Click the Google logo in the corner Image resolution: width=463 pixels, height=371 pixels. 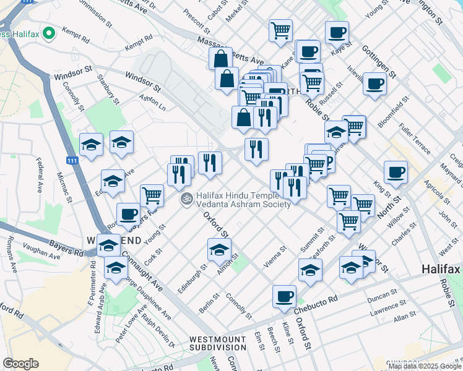pos(21,364)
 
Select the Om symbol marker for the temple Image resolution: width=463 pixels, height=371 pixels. pos(186,199)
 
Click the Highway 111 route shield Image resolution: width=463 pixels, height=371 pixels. pos(73,160)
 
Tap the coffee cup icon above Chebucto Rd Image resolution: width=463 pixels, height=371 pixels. pos(284,296)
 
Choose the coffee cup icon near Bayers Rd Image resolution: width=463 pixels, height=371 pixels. pos(128,214)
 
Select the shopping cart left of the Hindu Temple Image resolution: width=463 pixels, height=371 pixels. pos(152,195)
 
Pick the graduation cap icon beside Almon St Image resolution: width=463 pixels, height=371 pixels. pos(219,249)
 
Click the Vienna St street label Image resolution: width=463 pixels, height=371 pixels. pos(275,257)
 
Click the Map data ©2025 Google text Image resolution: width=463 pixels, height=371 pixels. pos(424,365)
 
